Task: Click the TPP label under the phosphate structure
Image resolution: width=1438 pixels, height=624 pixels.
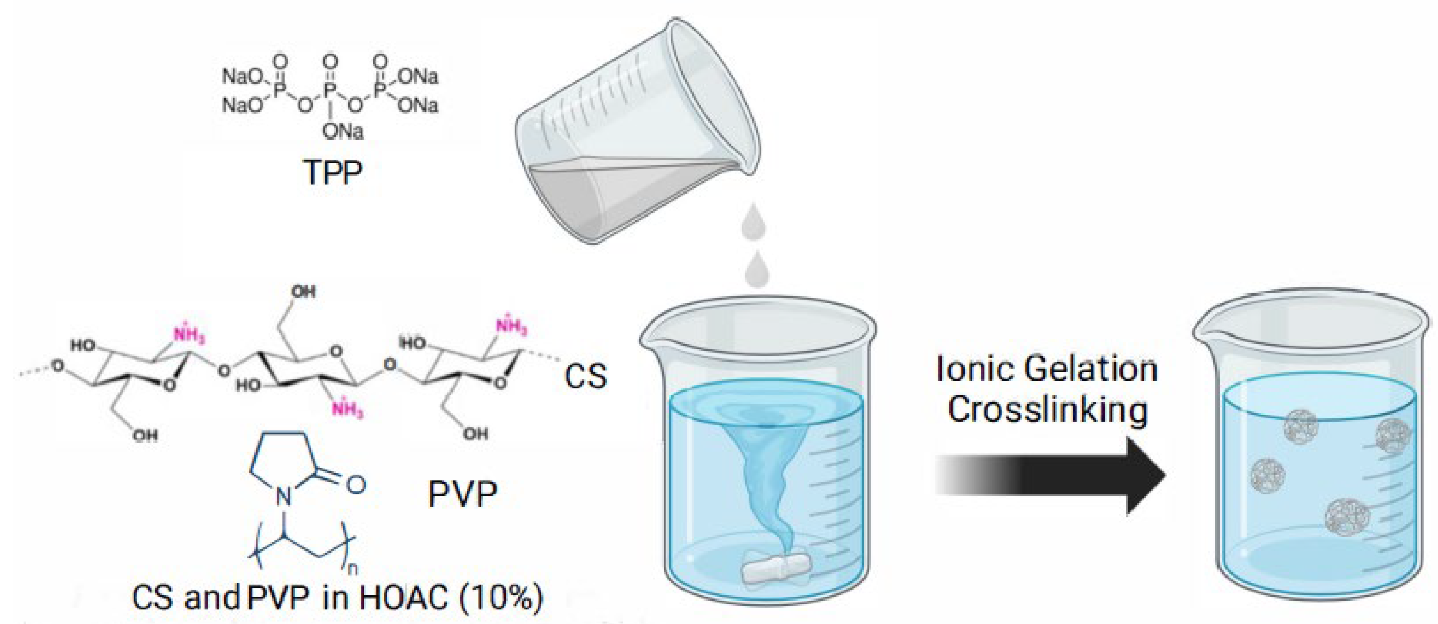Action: click(x=333, y=173)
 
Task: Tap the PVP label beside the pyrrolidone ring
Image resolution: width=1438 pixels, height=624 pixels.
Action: click(x=462, y=493)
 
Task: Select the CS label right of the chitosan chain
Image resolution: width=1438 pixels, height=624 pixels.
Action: click(x=585, y=375)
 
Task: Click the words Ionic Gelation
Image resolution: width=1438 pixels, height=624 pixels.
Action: click(x=1047, y=370)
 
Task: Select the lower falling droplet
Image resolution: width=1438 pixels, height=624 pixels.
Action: click(x=758, y=270)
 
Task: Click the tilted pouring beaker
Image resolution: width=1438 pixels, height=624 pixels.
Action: click(x=637, y=134)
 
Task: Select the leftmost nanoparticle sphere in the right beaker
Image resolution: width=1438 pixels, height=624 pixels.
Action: click(x=1264, y=475)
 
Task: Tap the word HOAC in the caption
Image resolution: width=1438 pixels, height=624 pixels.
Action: click(x=403, y=597)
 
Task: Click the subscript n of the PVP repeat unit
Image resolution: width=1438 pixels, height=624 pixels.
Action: click(x=351, y=569)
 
